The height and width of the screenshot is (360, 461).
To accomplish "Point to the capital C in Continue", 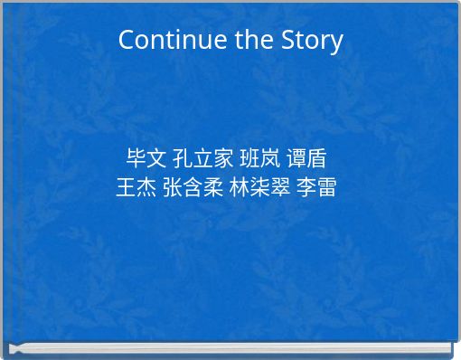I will pos(127,41).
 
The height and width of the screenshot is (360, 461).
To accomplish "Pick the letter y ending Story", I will pos(337,43).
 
